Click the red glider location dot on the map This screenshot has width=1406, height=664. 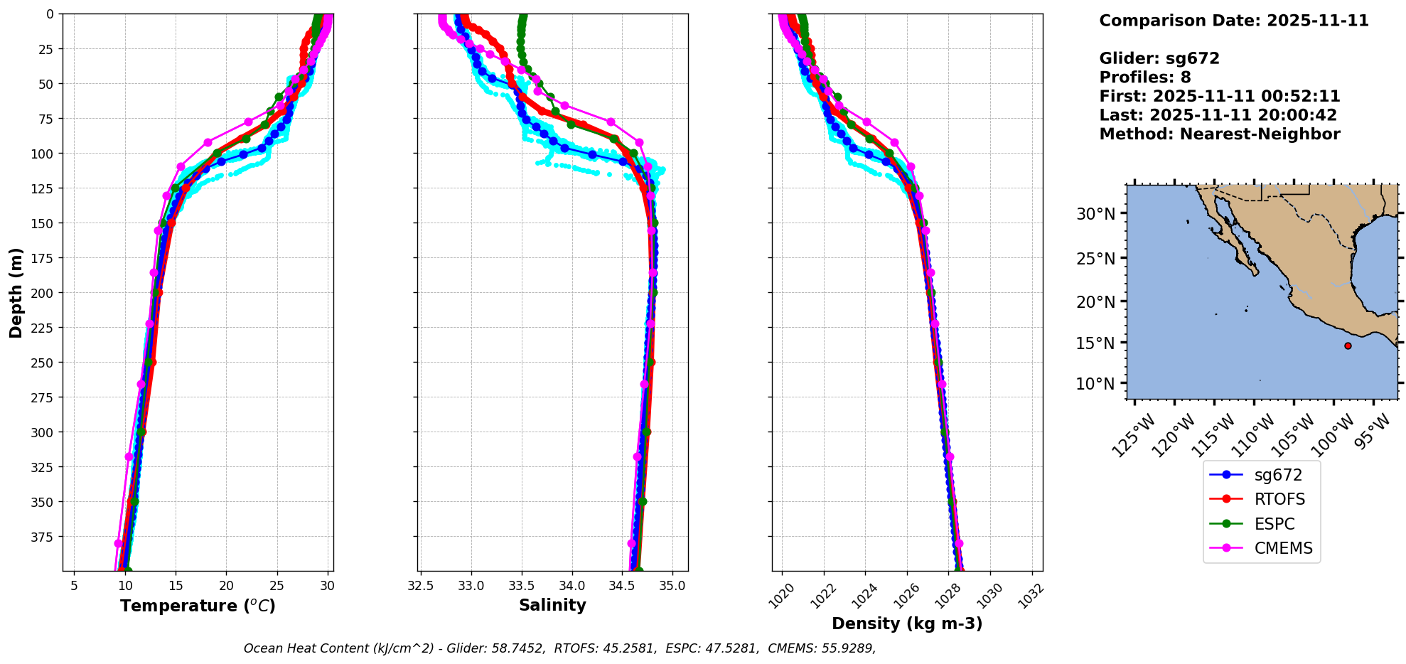point(1348,346)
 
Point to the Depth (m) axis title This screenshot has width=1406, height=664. point(16,292)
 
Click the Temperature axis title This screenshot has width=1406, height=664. point(198,606)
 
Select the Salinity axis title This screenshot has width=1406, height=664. point(552,605)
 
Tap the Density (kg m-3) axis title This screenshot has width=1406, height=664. point(907,623)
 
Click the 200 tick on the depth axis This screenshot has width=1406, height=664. point(43,293)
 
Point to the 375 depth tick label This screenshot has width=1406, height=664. point(43,537)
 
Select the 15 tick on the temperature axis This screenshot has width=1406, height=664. point(176,586)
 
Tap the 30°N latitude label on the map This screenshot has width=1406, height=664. point(1095,213)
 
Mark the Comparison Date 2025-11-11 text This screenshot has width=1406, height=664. point(1233,21)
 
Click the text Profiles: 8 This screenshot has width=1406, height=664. point(1144,77)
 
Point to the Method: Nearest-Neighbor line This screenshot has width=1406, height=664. point(1219,134)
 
